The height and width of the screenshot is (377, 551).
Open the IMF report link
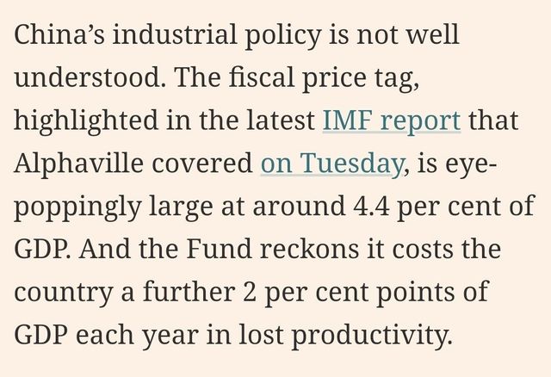click(x=391, y=121)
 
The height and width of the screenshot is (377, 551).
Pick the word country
click(x=62, y=290)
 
